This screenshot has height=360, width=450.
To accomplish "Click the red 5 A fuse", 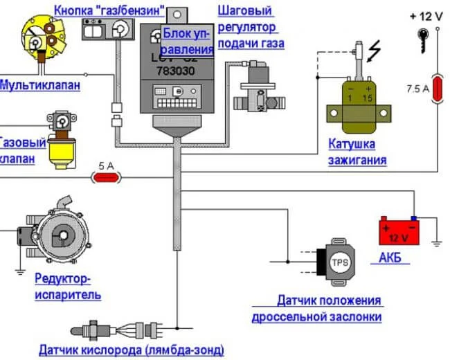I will [x=107, y=178].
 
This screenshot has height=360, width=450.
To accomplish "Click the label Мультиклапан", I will [x=39, y=85].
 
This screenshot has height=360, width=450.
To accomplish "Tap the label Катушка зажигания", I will [x=357, y=152].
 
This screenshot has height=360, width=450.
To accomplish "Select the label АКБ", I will [x=390, y=259].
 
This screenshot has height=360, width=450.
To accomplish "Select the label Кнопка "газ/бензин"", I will [x=109, y=10].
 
